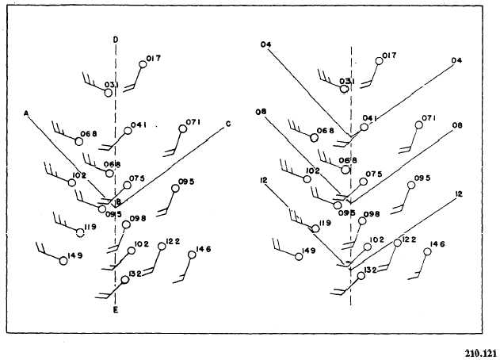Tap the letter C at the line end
(x=228, y=123)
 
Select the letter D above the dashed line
(x=116, y=39)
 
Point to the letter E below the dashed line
(x=116, y=311)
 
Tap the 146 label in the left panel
(x=204, y=248)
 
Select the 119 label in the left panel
(x=88, y=228)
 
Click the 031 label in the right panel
(x=346, y=81)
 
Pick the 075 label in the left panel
(x=137, y=178)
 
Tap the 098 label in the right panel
(x=372, y=214)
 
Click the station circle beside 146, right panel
(x=426, y=252)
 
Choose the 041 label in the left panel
(x=139, y=124)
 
